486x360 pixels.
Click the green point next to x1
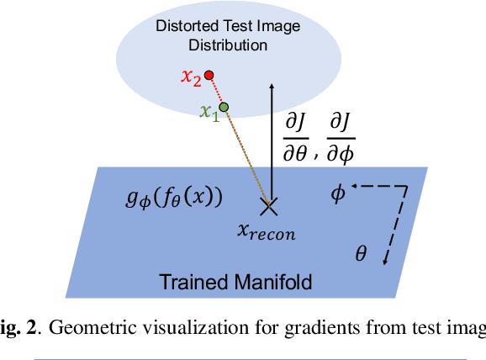point(224,107)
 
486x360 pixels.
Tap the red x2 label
point(191,78)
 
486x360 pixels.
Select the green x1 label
point(208,112)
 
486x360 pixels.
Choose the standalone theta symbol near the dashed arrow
point(361,252)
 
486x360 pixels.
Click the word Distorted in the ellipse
point(180,26)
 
